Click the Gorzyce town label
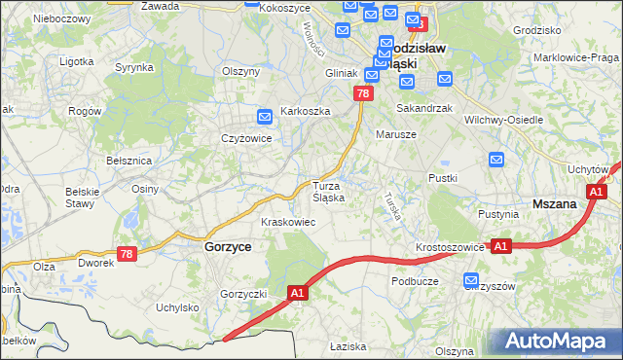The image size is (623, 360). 229,247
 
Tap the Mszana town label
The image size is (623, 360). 556,204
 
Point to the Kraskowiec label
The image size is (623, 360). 287,222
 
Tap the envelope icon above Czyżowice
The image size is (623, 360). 265,118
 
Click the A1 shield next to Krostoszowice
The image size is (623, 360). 500,247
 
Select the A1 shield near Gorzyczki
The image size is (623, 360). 299,291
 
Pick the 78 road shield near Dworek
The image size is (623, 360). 126,254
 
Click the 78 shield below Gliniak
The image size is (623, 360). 362,93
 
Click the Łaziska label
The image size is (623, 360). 346,346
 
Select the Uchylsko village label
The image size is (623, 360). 177,307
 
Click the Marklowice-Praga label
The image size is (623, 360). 576,57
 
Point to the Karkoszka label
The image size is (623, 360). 306,111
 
